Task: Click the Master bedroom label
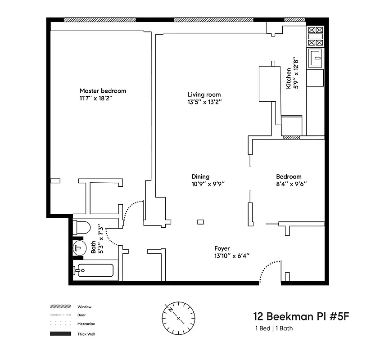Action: pos(103,90)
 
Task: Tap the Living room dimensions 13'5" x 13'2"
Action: pos(204,102)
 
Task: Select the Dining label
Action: pos(200,177)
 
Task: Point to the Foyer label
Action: pos(222,248)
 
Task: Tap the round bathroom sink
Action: pos(80,247)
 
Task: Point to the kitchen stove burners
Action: pos(315,36)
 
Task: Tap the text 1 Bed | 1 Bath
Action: pos(274,328)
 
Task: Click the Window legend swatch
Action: pos(60,306)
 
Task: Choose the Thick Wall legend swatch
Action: pos(60,334)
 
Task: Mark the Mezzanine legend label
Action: pos(85,324)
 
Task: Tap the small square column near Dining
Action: pos(201,221)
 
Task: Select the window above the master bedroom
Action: pos(100,20)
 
